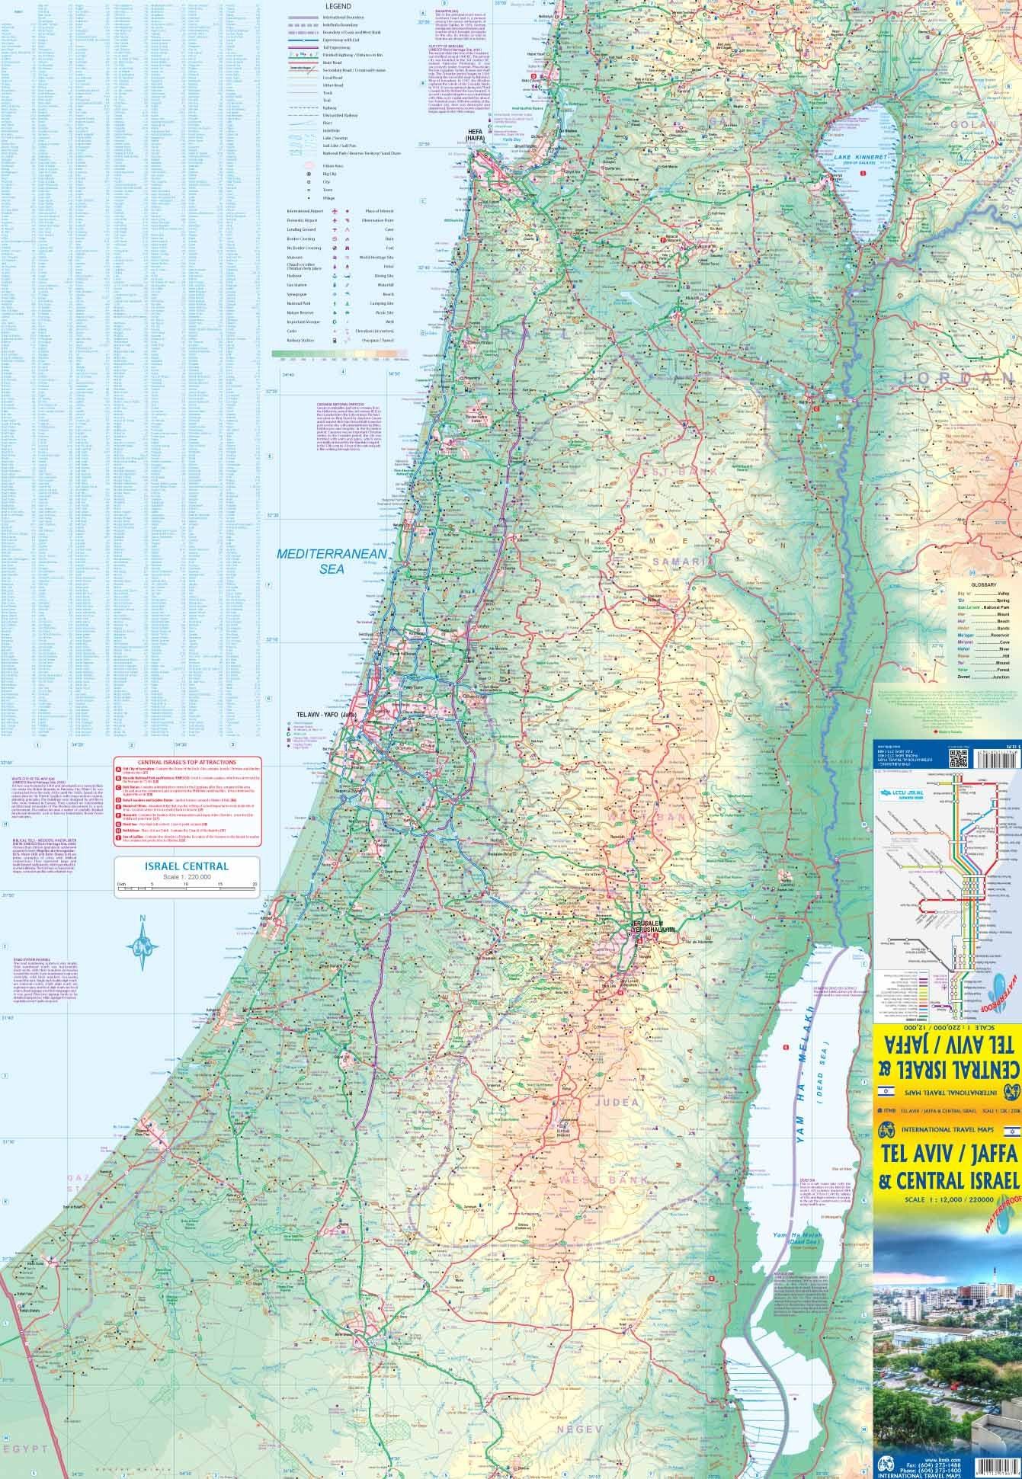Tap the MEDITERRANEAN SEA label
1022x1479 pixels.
tap(333, 560)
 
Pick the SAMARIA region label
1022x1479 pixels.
tap(672, 561)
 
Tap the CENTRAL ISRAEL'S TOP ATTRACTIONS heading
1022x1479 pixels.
tap(186, 762)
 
